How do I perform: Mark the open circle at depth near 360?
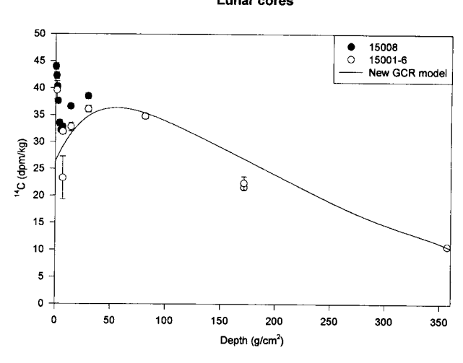[x=447, y=248]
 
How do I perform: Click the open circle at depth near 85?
[x=145, y=115]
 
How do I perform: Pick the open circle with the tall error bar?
[x=63, y=177]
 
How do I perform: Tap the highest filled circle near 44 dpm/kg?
[x=56, y=66]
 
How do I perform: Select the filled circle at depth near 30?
[x=88, y=95]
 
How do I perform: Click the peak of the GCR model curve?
[x=116, y=108]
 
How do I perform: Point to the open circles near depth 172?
[x=244, y=185]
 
